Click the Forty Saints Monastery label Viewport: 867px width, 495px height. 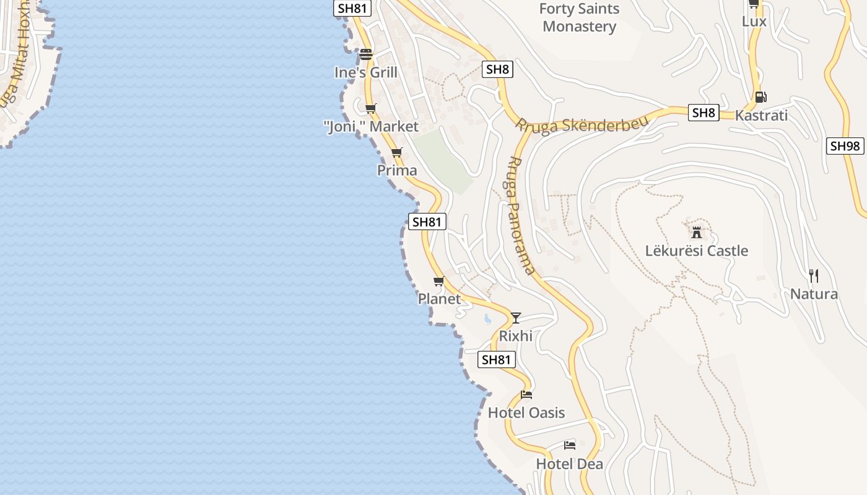(579, 17)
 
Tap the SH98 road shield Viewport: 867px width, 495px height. (845, 146)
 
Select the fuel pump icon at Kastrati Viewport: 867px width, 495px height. (760, 97)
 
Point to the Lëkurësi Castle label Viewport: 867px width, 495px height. (696, 251)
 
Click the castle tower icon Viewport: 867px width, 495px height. (697, 233)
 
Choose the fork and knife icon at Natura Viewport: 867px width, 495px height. (814, 275)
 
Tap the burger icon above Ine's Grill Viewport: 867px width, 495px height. (366, 54)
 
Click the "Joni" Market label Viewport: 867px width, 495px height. (371, 127)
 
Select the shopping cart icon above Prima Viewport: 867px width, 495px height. (397, 152)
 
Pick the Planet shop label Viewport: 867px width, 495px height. (439, 299)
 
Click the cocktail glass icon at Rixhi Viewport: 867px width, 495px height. (515, 318)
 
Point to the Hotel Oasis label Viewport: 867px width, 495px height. (526, 413)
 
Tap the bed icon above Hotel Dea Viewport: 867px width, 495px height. (570, 445)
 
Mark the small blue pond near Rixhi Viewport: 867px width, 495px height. (487, 319)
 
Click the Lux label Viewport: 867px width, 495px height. (754, 21)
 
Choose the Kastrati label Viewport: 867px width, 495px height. (761, 115)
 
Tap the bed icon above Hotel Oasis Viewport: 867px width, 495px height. (526, 395)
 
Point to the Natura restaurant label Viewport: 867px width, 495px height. (814, 294)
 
